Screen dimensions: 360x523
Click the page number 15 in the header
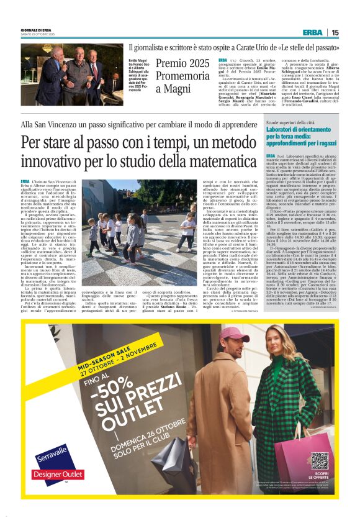(x=335, y=32)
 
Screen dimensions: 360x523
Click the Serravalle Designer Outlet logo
(x=50, y=458)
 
